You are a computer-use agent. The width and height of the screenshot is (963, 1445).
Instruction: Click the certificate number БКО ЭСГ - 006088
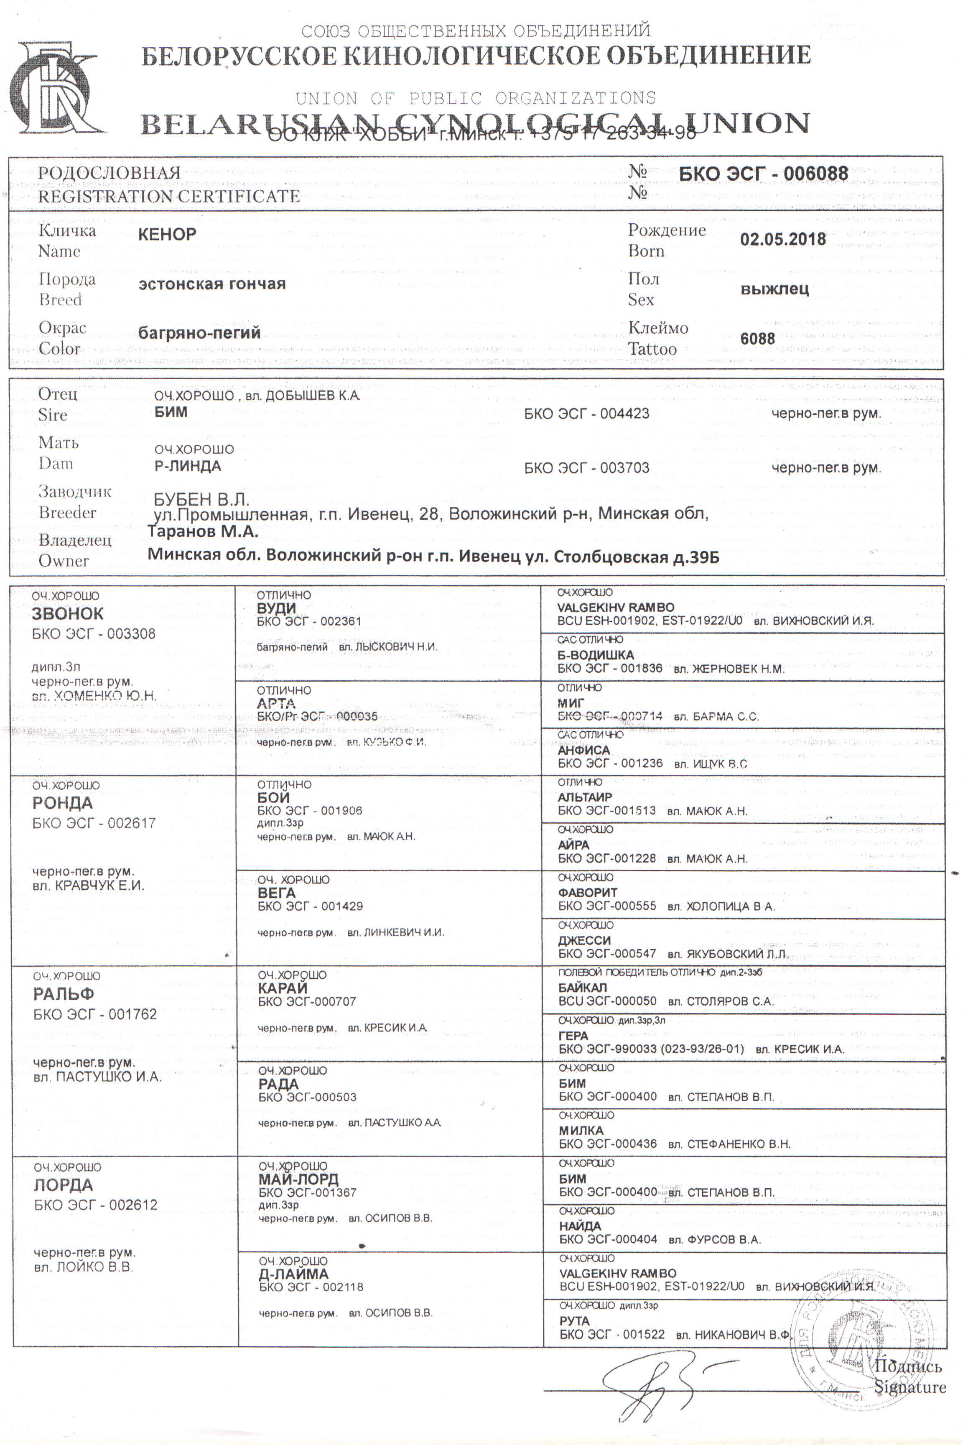763,174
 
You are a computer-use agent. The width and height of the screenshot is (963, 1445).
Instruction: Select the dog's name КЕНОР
167,234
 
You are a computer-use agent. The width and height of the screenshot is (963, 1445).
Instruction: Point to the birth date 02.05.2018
782,239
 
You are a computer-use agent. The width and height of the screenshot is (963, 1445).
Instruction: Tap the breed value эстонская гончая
212,284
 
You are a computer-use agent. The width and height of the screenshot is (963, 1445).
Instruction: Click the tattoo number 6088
757,339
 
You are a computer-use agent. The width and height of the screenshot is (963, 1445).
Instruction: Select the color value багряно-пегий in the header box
199,333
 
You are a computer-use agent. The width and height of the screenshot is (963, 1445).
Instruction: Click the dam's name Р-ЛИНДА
187,466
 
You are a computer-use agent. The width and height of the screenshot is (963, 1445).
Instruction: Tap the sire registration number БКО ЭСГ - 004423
586,414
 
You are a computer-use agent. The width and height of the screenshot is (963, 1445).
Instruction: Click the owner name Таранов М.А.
203,531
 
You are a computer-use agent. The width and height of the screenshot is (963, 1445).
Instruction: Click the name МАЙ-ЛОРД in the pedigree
298,1179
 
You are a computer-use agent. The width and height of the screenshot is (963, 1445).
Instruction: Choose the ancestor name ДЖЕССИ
584,940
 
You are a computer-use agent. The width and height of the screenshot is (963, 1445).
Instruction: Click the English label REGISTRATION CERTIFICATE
169,197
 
